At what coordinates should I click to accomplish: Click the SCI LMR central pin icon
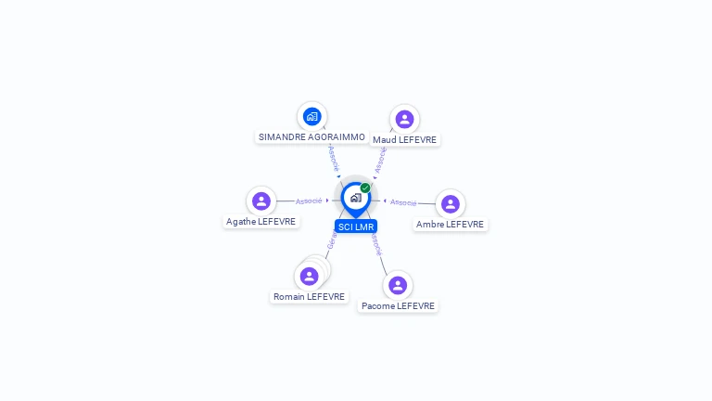click(x=355, y=198)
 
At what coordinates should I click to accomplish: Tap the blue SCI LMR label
click(x=356, y=226)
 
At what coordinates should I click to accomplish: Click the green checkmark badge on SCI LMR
click(x=365, y=188)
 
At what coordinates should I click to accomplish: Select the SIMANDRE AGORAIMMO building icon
click(x=312, y=117)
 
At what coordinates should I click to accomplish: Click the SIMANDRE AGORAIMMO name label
click(x=311, y=136)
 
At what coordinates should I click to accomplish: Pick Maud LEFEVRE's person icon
click(x=404, y=119)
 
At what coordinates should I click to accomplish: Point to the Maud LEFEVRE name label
click(x=405, y=139)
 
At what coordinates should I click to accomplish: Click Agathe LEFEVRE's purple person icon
click(x=261, y=200)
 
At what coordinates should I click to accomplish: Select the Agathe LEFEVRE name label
click(x=261, y=222)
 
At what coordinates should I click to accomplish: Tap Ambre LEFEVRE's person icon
click(x=451, y=204)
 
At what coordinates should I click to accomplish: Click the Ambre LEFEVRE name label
click(x=451, y=225)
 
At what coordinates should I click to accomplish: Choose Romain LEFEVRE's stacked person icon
click(x=310, y=276)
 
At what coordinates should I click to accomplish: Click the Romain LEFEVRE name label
click(x=310, y=297)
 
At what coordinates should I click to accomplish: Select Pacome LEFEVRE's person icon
click(x=398, y=285)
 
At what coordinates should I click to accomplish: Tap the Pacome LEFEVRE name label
click(x=398, y=306)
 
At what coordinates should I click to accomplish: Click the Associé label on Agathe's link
click(x=309, y=200)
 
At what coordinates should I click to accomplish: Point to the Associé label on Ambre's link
click(x=403, y=201)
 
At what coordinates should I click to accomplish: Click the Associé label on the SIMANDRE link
click(x=334, y=157)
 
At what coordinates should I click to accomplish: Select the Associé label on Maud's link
click(x=380, y=160)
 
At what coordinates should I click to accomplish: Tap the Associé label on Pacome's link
click(x=376, y=243)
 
